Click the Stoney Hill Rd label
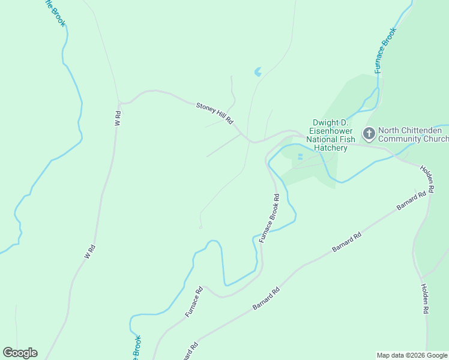[x=214, y=113]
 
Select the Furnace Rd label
[x=194, y=302]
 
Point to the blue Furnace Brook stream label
[x=385, y=50]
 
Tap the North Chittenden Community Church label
[x=414, y=134]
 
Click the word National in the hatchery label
[x=322, y=139]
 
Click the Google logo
[x=20, y=352]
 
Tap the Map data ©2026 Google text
[x=411, y=355]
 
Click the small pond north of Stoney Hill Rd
[x=258, y=72]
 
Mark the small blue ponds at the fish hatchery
[x=300, y=157]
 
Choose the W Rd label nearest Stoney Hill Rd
[x=118, y=118]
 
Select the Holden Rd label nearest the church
[x=427, y=178]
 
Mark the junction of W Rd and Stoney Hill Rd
[x=119, y=103]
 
